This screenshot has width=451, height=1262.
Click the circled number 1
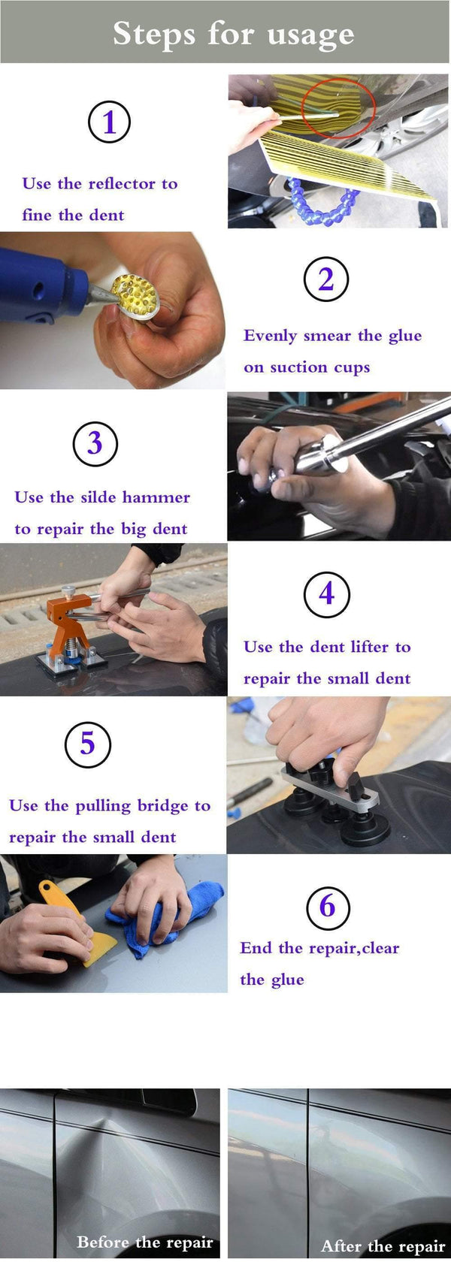pyautogui.click(x=109, y=122)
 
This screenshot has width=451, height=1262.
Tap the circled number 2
pyautogui.click(x=325, y=279)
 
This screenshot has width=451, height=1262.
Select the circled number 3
pyautogui.click(x=95, y=443)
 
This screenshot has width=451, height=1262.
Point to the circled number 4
pyautogui.click(x=326, y=594)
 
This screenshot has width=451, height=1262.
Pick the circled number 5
pyautogui.click(x=88, y=744)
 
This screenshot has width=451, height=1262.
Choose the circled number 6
pyautogui.click(x=328, y=907)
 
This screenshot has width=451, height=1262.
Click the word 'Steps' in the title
pyautogui.click(x=154, y=35)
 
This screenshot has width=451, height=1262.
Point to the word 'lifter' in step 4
pyautogui.click(x=370, y=648)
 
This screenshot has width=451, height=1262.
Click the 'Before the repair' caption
pyautogui.click(x=144, y=1242)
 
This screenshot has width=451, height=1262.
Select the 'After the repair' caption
pyautogui.click(x=383, y=1246)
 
